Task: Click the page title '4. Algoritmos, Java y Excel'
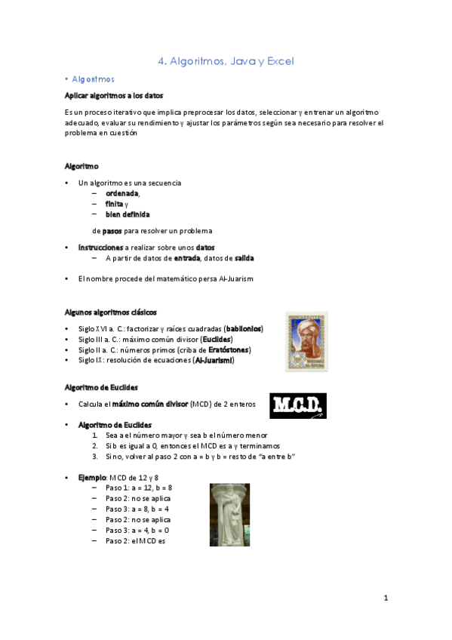coord(226,61)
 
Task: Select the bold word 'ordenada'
coord(122,193)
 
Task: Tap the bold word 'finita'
coord(114,204)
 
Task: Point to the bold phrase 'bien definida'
coord(128,214)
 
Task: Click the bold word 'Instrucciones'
coord(100,247)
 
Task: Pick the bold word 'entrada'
coord(186,258)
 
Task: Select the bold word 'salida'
coord(244,258)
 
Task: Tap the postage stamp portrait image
coord(306,341)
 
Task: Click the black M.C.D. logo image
coord(297,405)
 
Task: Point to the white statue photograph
coord(229,515)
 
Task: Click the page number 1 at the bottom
coord(385,598)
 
